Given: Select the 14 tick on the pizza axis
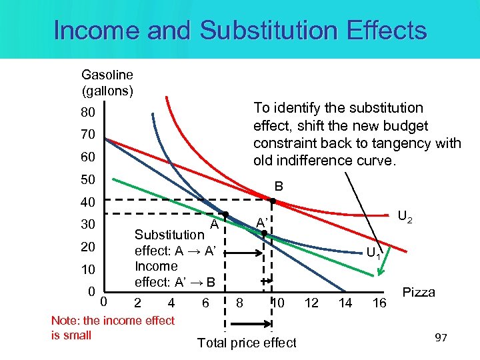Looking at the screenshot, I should tap(345, 303).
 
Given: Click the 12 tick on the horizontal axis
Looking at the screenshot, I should tap(311, 303).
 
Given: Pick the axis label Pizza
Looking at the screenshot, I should tap(419, 292).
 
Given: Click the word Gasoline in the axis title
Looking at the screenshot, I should tap(107, 75).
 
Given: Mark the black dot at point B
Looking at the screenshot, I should tap(273, 201).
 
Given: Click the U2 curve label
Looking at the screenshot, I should tap(405, 217).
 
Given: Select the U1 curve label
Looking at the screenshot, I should tap(374, 253).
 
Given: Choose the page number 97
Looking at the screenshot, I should tap(441, 339).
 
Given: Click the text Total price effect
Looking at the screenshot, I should tap(247, 343).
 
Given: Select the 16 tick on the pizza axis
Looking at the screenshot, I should tap(379, 303).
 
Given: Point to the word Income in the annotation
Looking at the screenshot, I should tap(156, 266).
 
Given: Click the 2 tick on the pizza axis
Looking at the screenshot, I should tap(138, 303).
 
